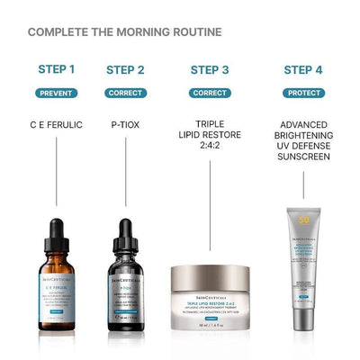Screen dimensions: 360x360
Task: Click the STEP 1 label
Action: click(57, 68)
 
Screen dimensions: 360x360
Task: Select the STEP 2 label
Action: click(125, 69)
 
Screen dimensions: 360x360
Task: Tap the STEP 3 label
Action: click(211, 69)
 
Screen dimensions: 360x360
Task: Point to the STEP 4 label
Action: click(303, 69)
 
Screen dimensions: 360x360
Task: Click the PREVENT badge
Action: click(57, 93)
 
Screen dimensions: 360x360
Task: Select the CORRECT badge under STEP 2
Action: click(125, 93)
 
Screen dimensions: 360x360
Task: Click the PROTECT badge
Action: click(303, 93)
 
